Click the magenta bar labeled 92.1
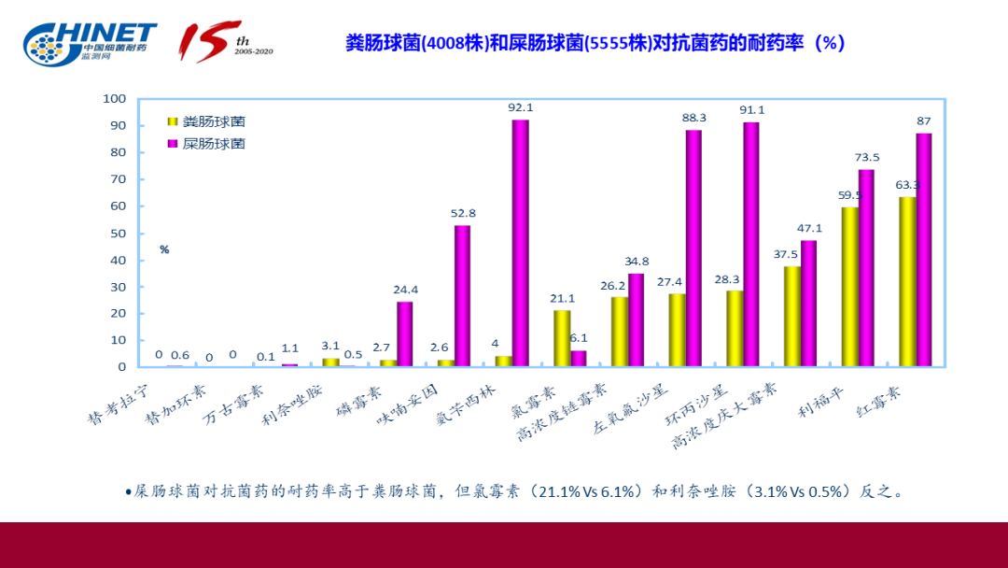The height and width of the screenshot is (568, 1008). pos(520,243)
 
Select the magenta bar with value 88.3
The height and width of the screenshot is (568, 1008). pos(693,248)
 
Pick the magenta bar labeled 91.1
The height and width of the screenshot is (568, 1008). pos(751,244)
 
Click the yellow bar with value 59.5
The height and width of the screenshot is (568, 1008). pos(850,286)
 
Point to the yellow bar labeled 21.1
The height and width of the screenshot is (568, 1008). pos(562,337)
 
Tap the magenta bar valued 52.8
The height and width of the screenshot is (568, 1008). pos(462,295)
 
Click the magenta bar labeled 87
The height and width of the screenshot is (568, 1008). pos(924,249)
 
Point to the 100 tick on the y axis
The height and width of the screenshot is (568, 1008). pos(114,98)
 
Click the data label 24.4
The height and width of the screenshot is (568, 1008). pos(404,289)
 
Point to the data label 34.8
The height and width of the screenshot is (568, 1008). pos(636,261)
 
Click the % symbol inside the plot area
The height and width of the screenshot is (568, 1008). pos(164,249)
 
